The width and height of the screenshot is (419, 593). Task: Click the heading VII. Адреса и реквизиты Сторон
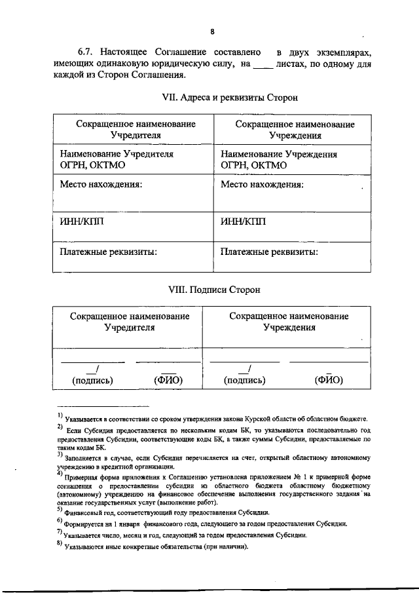pyautogui.click(x=230, y=97)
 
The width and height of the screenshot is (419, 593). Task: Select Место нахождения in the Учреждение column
pyautogui.click(x=262, y=185)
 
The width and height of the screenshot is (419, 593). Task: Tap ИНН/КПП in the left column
pyautogui.click(x=81, y=221)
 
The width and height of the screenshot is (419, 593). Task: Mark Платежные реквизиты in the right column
pyautogui.click(x=270, y=251)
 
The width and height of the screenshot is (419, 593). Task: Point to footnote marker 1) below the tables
pyautogui.click(x=60, y=415)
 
